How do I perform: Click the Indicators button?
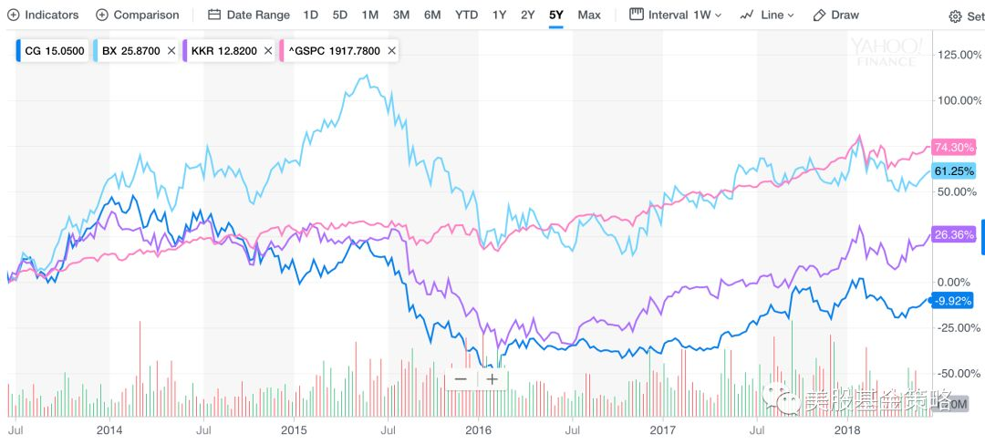pyautogui.click(x=44, y=15)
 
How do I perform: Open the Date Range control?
pyautogui.click(x=249, y=15)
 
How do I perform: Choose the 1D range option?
pyautogui.click(x=311, y=15)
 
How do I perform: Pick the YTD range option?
pyautogui.click(x=466, y=15)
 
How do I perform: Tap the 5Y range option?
pyautogui.click(x=555, y=15)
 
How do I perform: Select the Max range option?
pyautogui.click(x=589, y=15)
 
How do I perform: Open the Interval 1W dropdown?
pyautogui.click(x=676, y=15)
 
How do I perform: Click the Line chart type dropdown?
pyautogui.click(x=767, y=15)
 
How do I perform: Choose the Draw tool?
pyautogui.click(x=836, y=15)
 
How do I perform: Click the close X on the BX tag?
pyautogui.click(x=171, y=51)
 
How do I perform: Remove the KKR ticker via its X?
pyautogui.click(x=267, y=51)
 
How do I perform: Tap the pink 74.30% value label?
pyautogui.click(x=954, y=147)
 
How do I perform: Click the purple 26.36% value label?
pyautogui.click(x=954, y=234)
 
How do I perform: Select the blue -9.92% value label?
pyautogui.click(x=952, y=300)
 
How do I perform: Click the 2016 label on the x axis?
pyautogui.click(x=479, y=428)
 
